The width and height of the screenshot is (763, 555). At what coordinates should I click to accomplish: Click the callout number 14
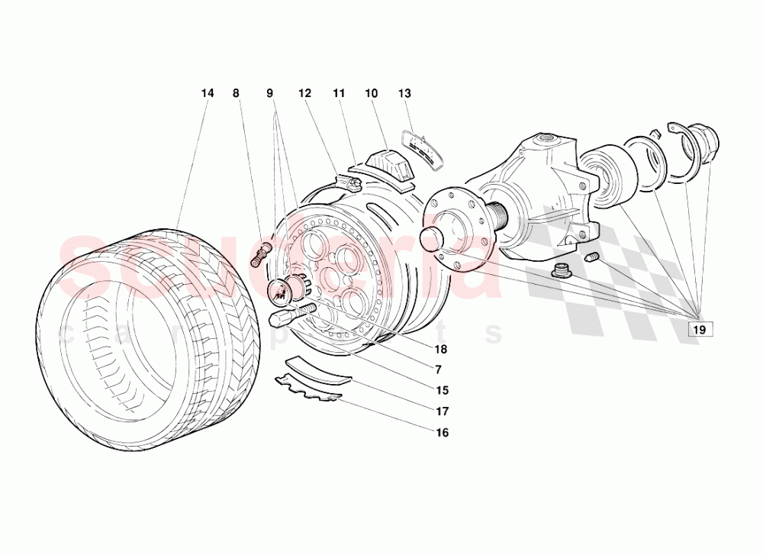tap(208, 93)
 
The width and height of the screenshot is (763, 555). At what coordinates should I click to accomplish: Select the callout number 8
tap(236, 93)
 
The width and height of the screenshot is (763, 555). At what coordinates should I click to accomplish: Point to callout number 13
tap(404, 93)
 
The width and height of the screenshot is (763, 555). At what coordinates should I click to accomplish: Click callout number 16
tap(442, 433)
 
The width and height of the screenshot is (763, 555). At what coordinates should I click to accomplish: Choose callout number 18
tap(442, 350)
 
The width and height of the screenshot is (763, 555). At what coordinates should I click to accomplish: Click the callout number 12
tap(305, 93)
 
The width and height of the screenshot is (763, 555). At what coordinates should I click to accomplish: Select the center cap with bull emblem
tap(283, 291)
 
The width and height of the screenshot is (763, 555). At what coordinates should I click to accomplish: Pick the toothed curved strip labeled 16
tap(309, 387)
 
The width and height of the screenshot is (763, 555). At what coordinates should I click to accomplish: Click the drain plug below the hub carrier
tap(562, 269)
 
